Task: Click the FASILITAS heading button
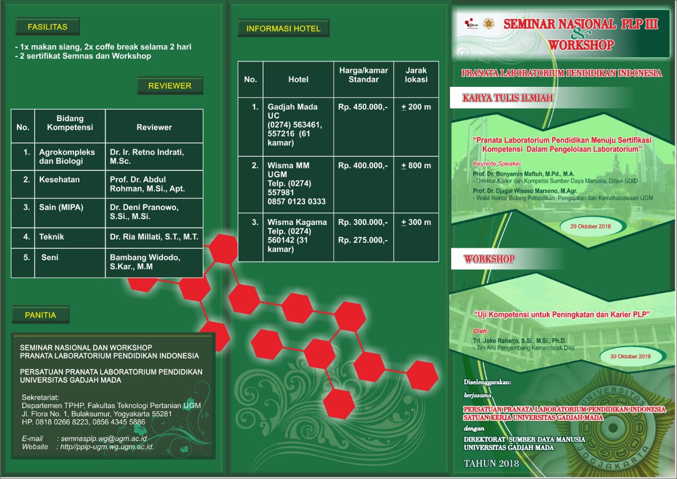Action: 48,26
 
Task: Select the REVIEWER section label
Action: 170,86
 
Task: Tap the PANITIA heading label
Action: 41,315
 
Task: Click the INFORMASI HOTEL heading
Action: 283,29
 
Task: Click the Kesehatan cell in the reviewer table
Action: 70,184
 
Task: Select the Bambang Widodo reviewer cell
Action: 154,263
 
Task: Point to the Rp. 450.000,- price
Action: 363,107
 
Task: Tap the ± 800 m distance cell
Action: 416,185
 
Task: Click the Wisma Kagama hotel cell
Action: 298,237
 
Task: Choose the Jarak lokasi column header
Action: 416,79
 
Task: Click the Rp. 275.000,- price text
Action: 363,240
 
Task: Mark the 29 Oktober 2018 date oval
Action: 590,226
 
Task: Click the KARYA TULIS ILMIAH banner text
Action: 508,98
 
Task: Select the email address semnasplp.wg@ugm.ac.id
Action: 104,438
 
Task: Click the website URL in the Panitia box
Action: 107,447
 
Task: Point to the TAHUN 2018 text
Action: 491,463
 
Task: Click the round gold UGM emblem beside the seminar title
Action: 488,24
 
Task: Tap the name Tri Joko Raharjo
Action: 502,340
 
